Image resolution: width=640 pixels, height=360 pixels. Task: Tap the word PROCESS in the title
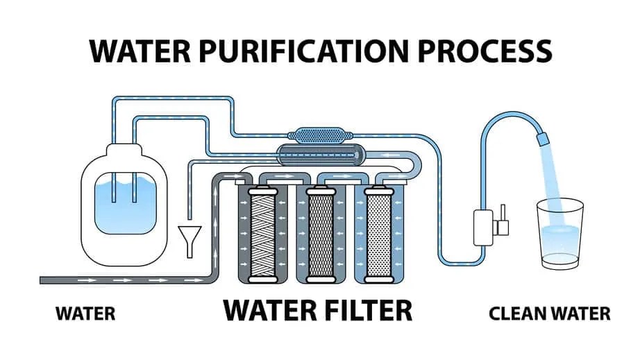(x=483, y=51)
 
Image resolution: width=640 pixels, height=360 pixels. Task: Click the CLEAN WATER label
(x=549, y=314)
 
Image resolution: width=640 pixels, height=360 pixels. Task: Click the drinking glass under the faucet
(x=561, y=236)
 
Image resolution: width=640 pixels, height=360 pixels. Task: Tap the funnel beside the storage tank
(x=188, y=235)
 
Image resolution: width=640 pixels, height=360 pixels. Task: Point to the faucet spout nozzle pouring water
(x=544, y=140)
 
